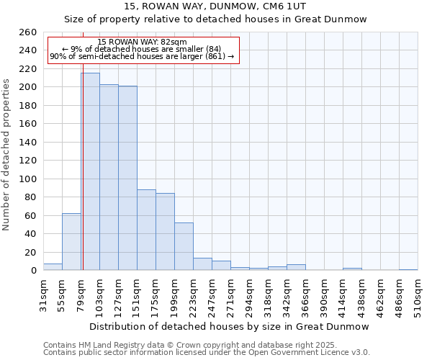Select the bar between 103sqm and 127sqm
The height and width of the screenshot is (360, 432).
coord(109,177)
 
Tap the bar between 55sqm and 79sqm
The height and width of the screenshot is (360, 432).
coord(71,242)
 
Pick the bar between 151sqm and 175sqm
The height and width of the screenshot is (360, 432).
coord(146,230)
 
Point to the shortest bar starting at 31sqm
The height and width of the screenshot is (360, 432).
coord(53,267)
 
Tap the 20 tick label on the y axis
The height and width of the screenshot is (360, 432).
coord(30,252)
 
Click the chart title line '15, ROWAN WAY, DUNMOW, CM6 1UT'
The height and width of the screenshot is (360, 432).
coord(215,6)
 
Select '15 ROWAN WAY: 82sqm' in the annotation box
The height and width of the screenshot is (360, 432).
coord(142,42)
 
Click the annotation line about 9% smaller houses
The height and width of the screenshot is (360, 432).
coord(142,49)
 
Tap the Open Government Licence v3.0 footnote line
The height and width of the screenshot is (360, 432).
coord(207,352)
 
